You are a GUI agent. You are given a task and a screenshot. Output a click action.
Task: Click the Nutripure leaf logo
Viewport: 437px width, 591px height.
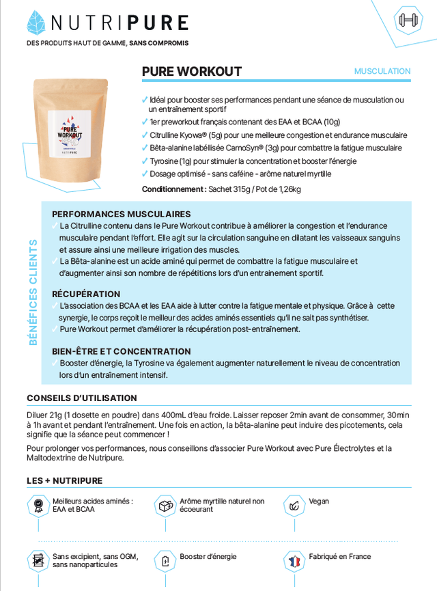coord(36,23)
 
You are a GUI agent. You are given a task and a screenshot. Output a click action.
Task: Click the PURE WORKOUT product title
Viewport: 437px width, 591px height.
coord(191,72)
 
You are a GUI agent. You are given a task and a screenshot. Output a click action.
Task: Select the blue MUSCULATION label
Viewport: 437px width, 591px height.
coord(382,71)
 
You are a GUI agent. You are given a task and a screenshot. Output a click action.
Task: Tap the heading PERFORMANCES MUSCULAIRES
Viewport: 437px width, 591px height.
coord(121,214)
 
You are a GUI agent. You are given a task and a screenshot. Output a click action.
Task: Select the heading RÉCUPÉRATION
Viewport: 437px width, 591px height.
coord(86,294)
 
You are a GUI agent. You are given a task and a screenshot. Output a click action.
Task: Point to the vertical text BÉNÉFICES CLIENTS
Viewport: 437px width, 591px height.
coord(33,292)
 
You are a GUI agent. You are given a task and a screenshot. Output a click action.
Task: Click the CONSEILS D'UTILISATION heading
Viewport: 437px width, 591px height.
coord(81,398)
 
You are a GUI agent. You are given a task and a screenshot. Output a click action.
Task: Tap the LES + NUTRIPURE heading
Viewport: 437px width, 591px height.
coord(64,480)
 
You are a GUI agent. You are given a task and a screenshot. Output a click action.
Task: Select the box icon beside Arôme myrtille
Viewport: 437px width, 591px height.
coord(165,506)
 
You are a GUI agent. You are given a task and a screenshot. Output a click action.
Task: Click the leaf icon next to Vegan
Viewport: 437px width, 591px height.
coord(294,506)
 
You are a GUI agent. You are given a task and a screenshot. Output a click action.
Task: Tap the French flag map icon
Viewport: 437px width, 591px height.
coord(294,562)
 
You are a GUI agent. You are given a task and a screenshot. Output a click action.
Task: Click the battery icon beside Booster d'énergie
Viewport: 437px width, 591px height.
coord(165,562)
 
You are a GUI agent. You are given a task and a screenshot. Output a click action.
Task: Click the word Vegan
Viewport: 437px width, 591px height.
coord(319,501)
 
